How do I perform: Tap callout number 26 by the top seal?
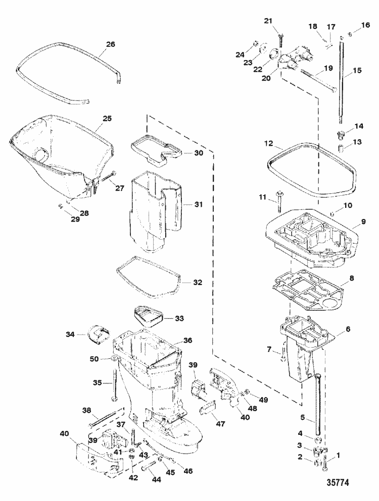coord(110,44)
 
